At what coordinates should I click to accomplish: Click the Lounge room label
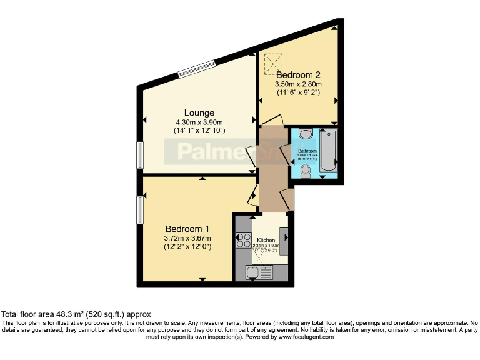199,112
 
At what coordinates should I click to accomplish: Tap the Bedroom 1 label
187,229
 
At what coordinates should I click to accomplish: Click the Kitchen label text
266,240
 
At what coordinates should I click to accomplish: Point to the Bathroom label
307,151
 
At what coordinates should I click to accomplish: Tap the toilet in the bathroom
306,171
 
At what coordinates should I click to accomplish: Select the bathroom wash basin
306,134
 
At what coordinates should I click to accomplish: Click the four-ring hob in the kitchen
242,241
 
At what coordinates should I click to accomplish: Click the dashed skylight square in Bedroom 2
273,63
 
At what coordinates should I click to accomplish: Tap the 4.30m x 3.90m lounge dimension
199,122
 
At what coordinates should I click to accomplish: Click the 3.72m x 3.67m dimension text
187,238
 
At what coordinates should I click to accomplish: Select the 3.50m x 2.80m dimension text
299,84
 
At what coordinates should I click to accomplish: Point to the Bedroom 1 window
141,209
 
